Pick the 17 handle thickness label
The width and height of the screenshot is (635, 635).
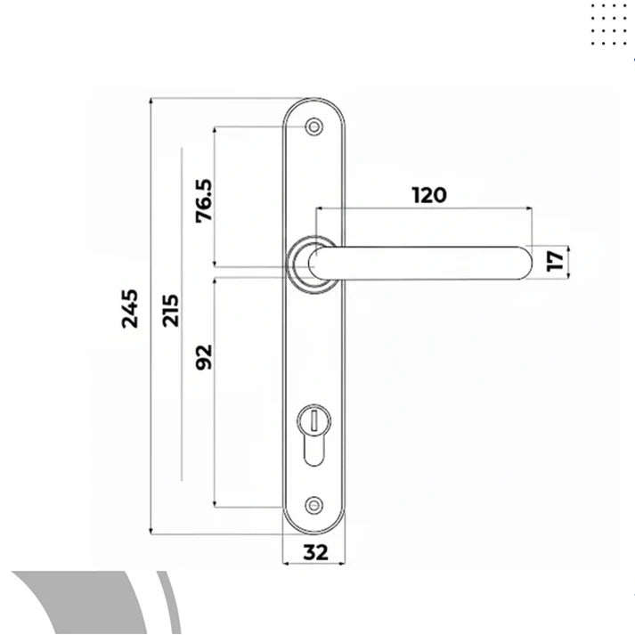(555, 260)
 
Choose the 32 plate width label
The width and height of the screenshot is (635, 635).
(313, 552)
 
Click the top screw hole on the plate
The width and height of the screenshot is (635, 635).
(313, 128)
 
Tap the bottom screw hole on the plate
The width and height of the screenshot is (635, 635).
(313, 506)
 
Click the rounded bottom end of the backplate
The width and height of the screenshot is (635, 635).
(313, 525)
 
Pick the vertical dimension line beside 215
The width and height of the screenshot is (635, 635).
(181, 401)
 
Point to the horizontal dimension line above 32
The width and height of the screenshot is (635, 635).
(313, 565)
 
